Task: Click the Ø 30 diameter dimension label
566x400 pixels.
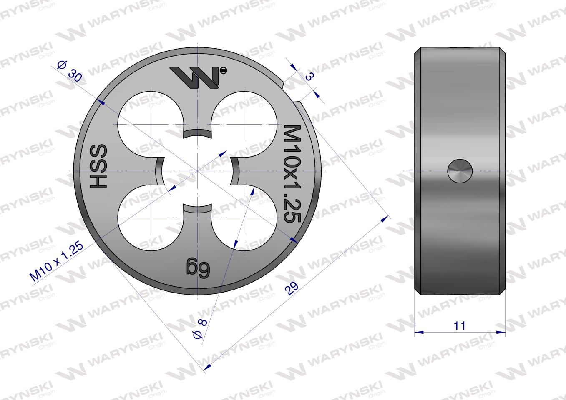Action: coord(70,71)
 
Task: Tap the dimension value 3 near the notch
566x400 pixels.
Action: coord(309,76)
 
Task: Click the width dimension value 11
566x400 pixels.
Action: coord(459,326)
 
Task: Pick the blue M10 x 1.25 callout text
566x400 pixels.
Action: coord(57,261)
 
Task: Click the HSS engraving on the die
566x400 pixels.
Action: coord(98,166)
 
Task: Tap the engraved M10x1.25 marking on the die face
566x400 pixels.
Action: coord(292,174)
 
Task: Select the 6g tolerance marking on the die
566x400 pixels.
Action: coord(199,268)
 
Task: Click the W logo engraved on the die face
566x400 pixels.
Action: coord(195,78)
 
